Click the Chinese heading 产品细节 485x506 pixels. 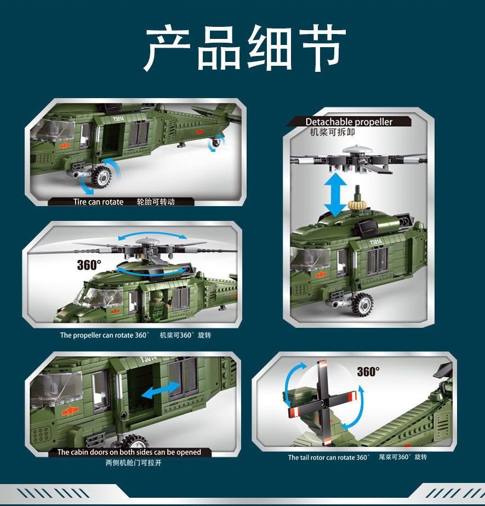coord(244,48)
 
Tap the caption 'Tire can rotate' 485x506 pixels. coord(98,202)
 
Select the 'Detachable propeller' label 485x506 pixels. coord(349,122)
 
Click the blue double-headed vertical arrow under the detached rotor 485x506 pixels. coord(335,194)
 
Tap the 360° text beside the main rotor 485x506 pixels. coord(89,265)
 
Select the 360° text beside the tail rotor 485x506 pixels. coord(368,372)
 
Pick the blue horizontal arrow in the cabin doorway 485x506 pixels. coord(161,391)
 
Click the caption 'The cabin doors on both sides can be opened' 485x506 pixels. coord(129,452)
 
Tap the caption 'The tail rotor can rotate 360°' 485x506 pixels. coord(328,457)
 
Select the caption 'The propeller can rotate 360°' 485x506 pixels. coord(105,336)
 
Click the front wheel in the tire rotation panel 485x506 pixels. coord(102,176)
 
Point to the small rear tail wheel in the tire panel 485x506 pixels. coord(215,142)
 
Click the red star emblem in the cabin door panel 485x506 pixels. coord(70,411)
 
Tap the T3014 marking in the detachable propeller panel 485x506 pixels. coord(375,242)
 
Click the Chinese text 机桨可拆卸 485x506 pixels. coord(332,132)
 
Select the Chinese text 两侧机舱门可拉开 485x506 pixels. coord(133,463)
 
